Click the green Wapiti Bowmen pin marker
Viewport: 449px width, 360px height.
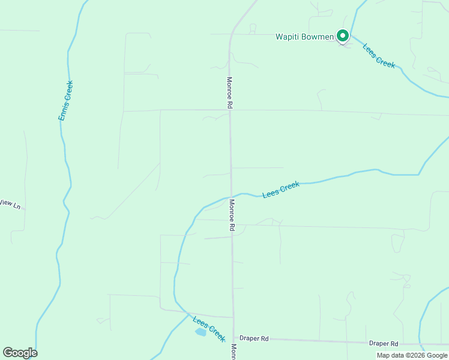[342, 36]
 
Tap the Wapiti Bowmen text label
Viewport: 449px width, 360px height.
[304, 37]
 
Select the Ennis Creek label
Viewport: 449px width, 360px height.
[65, 101]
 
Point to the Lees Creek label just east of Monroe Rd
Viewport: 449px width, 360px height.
[280, 190]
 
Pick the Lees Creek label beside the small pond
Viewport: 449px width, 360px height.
[209, 328]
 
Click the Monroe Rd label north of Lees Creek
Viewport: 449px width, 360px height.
[229, 92]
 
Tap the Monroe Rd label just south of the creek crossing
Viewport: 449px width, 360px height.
[231, 215]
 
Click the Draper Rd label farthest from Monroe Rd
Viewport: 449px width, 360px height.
[384, 344]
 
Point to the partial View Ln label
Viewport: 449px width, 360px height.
[10, 204]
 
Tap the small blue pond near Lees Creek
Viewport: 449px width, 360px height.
[200, 332]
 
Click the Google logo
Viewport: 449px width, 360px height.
[20, 353]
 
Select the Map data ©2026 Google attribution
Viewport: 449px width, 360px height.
[412, 355]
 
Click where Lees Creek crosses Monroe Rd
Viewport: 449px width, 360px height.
[231, 196]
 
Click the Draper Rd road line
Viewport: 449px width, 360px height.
[312, 341]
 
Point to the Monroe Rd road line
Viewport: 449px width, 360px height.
[231, 150]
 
